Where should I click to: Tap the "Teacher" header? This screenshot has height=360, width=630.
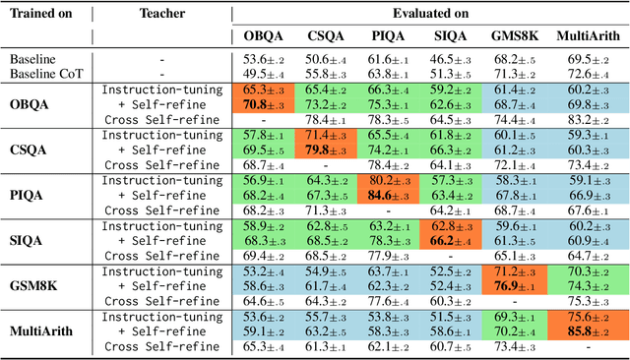(x=160, y=15)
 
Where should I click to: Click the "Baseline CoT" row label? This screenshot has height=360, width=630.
(x=42, y=73)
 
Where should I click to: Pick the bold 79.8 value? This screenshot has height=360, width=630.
(x=327, y=150)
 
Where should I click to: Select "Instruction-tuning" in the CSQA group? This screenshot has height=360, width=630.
(x=160, y=135)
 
